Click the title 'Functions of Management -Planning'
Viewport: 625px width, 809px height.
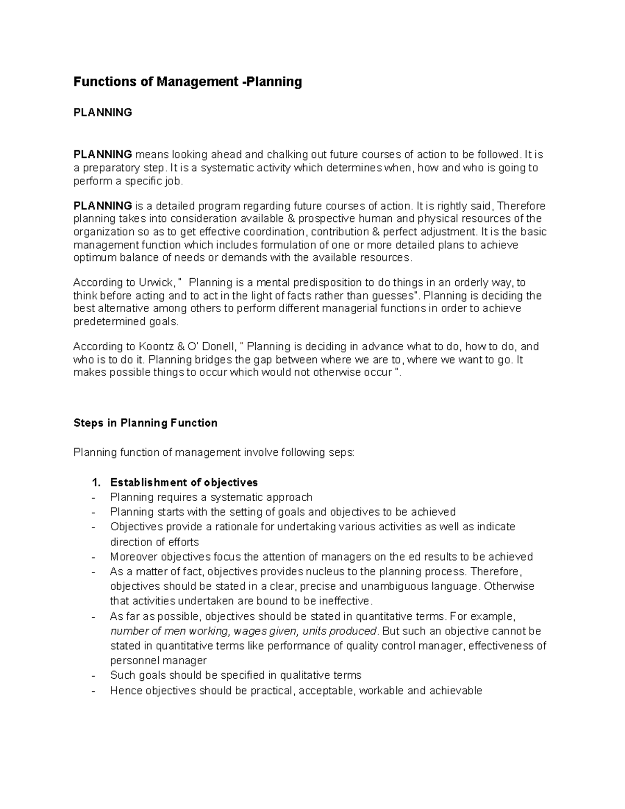[x=187, y=82]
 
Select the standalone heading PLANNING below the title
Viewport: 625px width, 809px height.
[x=103, y=113]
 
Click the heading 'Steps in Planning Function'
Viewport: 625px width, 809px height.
[x=145, y=423]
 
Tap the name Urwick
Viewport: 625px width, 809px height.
[x=157, y=283]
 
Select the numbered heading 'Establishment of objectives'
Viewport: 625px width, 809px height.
[x=184, y=482]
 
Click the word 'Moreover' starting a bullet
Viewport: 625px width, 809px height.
[x=131, y=557]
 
